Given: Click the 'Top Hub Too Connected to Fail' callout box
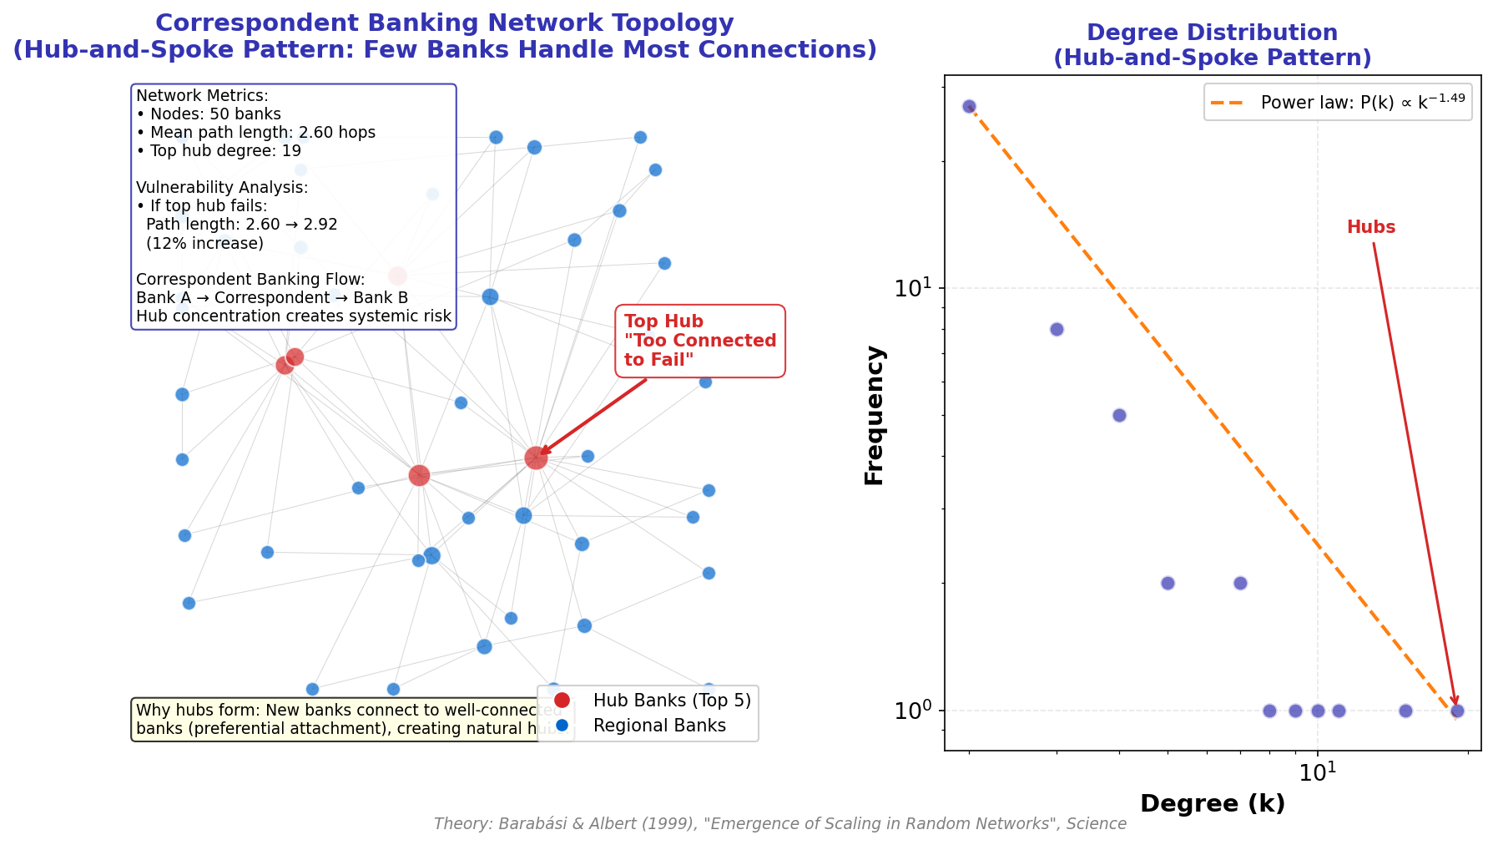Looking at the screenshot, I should tap(699, 341).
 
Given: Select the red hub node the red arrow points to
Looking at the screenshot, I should tap(536, 458).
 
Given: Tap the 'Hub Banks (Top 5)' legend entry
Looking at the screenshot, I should tap(671, 701).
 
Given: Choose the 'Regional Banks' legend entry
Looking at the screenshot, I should tap(658, 726).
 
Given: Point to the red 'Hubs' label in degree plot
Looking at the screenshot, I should tap(1370, 227).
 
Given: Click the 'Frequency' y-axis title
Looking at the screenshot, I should tap(875, 415).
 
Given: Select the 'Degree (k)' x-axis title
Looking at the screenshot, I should tap(1212, 804).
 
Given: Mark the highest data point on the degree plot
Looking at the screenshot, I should tap(969, 107).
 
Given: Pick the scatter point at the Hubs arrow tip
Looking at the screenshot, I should tap(1457, 711).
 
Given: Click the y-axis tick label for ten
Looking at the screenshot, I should tap(913, 288).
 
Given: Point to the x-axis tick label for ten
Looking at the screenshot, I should tap(1318, 773).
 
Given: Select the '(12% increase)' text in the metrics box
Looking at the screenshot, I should tap(204, 243).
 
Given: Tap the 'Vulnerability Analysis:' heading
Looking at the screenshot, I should tap(222, 188).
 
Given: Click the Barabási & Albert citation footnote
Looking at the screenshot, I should tap(779, 824).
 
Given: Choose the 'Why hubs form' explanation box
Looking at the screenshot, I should tap(342, 719).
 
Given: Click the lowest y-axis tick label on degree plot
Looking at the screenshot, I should tap(913, 711).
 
